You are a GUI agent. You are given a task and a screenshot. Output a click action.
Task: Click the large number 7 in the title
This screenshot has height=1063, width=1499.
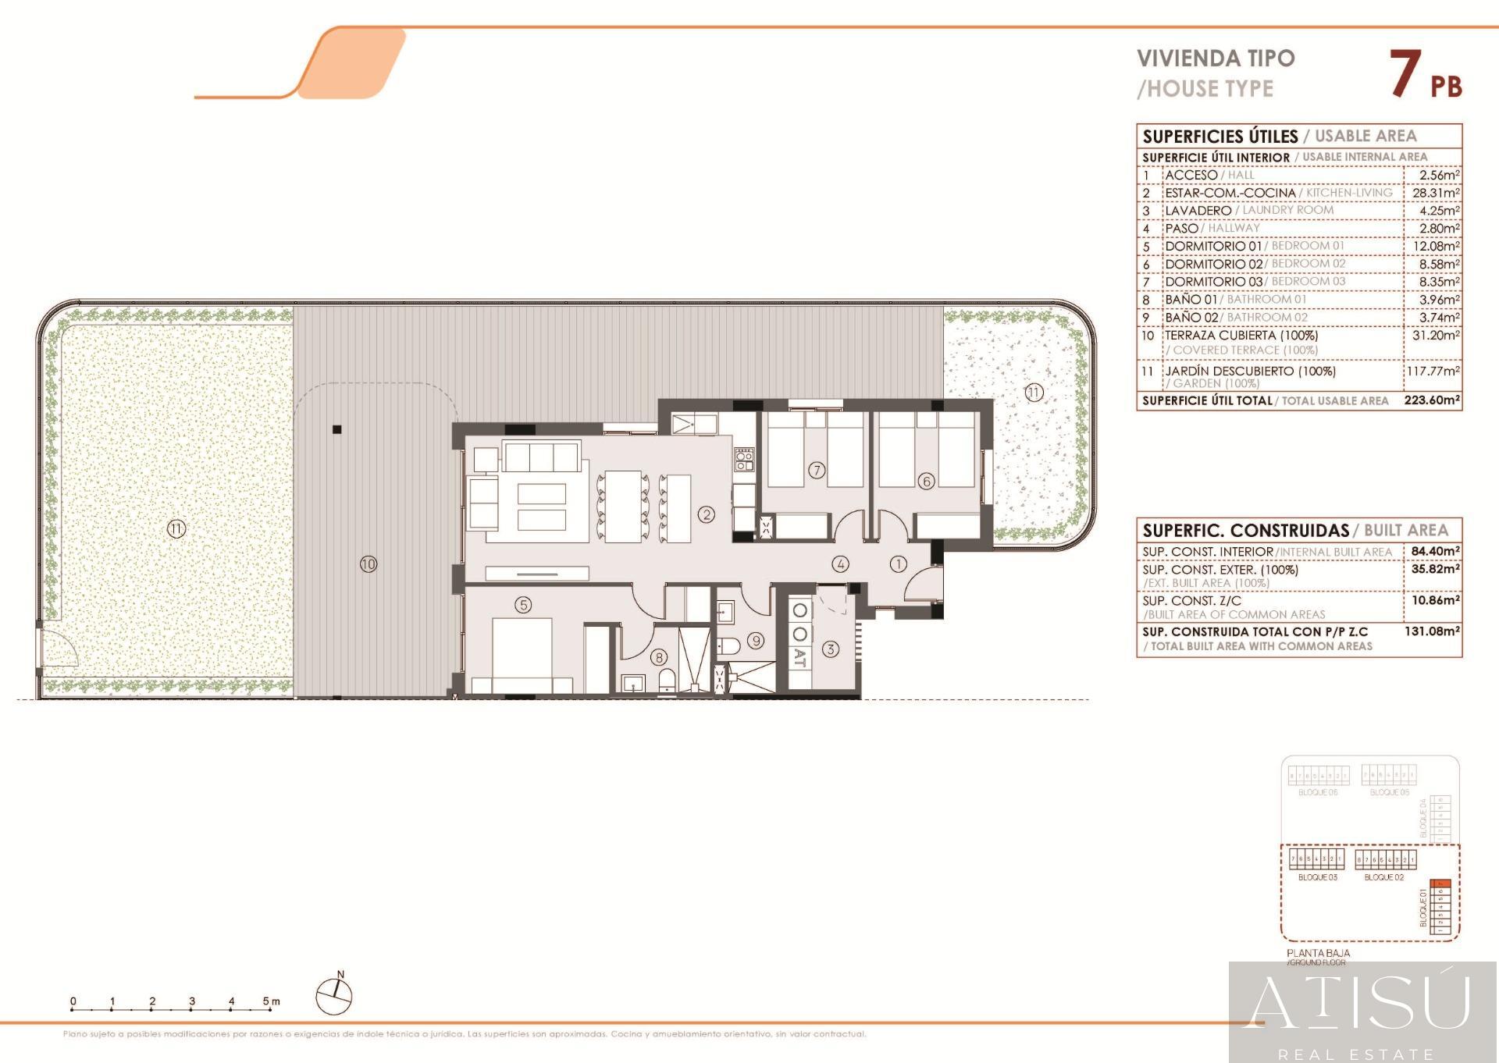[1405, 74]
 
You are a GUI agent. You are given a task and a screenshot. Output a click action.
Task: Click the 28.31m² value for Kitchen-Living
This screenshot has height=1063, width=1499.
[1436, 193]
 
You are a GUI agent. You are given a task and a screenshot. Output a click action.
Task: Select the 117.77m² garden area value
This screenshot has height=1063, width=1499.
[1433, 371]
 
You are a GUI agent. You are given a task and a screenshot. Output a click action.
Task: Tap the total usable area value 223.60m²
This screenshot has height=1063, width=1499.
[1432, 400]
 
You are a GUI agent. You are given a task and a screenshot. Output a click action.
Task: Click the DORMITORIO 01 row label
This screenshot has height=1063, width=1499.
[1212, 246]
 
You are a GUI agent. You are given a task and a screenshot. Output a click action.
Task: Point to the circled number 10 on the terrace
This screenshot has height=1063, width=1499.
[369, 563]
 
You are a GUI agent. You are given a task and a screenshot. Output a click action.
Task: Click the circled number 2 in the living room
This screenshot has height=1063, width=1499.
[707, 514]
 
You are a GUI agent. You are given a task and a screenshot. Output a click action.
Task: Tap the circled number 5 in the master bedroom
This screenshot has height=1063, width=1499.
[523, 604]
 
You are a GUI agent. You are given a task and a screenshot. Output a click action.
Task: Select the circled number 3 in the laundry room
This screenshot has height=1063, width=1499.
[831, 649]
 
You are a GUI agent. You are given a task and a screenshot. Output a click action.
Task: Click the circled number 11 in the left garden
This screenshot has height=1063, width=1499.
[176, 529]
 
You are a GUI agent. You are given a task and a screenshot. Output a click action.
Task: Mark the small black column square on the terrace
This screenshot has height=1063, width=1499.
[337, 429]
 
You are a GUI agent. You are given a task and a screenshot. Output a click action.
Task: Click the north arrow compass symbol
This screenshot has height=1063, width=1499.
[334, 996]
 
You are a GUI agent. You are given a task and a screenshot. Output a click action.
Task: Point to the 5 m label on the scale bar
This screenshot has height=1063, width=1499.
[270, 1001]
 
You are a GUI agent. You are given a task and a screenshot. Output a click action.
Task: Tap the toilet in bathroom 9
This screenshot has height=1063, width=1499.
[728, 645]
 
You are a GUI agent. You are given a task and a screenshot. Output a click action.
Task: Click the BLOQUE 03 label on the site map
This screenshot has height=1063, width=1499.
[1317, 877]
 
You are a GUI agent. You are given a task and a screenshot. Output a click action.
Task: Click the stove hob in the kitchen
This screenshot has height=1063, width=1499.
[743, 460]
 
